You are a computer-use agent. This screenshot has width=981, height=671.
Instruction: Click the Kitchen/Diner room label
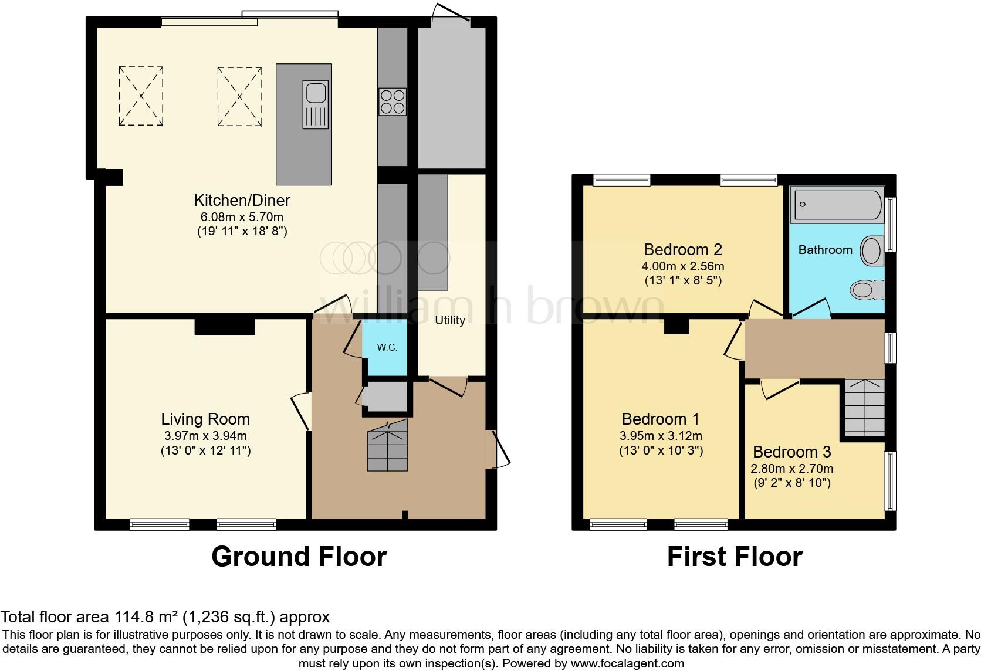coord(242,201)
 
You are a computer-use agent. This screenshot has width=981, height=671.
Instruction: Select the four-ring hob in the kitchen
coord(393,101)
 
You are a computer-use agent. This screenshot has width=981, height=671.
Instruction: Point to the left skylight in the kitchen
coord(141,96)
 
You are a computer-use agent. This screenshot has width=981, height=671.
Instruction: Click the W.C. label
coord(387,347)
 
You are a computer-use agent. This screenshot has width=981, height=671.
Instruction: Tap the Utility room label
coord(450,320)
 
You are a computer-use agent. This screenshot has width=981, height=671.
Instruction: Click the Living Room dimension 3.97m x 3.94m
coord(205,436)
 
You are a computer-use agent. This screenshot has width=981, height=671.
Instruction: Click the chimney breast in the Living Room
coord(225,326)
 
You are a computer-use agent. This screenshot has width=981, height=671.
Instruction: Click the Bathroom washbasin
coord(872,251)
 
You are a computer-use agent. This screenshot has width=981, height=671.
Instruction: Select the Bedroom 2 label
coord(683,250)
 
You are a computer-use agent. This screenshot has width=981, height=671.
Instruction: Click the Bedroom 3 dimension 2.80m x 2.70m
coord(791,469)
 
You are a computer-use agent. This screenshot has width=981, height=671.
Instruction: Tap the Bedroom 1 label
coord(661,419)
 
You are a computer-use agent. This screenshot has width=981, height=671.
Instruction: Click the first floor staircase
coord(865,407)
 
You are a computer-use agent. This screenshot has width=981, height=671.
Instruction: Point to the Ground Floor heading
coord(299,557)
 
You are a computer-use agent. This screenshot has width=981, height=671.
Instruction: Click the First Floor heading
coord(735,557)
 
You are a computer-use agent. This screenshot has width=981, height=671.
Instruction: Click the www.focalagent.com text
coord(627,664)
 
